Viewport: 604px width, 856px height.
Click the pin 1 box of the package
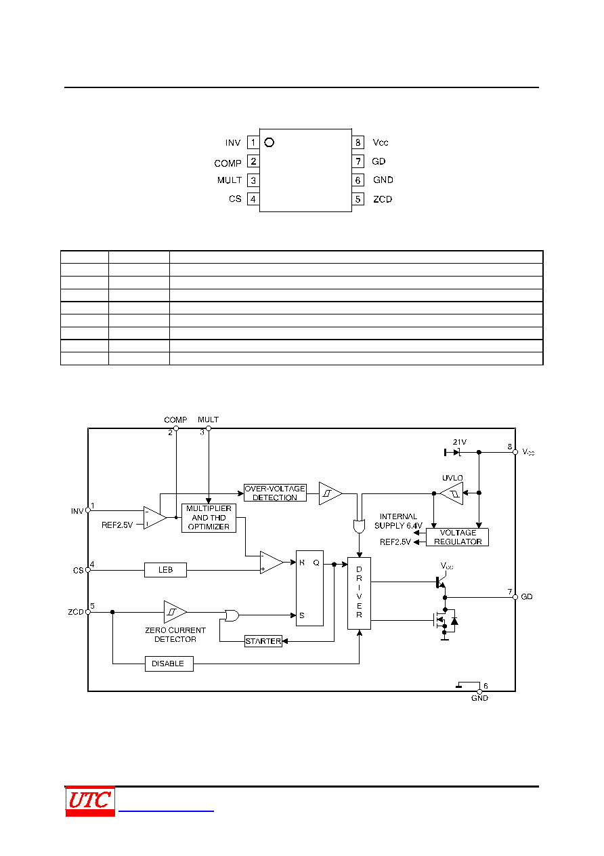(253, 142)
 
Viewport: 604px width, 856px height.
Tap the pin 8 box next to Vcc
(358, 142)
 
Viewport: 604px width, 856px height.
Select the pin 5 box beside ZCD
(358, 199)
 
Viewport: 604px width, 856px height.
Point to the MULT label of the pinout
(230, 180)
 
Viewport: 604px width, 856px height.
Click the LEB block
(165, 570)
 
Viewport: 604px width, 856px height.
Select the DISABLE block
(169, 664)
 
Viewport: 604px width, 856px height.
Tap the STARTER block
(263, 641)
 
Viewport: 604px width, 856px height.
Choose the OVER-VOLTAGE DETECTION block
(275, 493)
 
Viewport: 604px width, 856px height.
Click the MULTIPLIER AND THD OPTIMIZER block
(209, 518)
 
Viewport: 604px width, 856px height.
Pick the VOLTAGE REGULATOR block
(457, 537)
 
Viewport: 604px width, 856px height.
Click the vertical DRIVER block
(359, 593)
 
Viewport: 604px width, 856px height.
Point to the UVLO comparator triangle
(452, 493)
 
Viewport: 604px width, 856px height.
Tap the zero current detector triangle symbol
(175, 612)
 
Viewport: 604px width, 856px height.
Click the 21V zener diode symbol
(453, 453)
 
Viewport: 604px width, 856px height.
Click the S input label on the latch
(301, 615)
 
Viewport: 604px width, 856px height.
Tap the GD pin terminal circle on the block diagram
(515, 597)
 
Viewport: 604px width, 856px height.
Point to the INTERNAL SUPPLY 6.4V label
(398, 521)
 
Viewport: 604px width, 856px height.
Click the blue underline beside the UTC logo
(166, 811)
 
